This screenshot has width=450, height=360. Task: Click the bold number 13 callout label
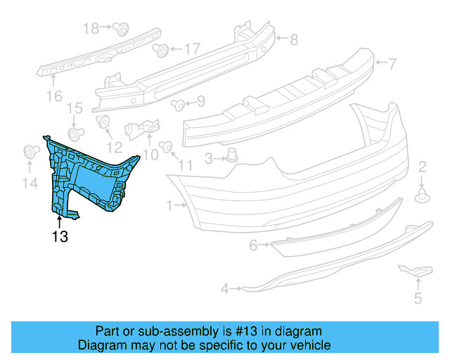[60, 237]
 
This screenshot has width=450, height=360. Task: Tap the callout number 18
[91, 28]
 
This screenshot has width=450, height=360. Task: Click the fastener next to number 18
[121, 29]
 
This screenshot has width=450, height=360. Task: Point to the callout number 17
[191, 49]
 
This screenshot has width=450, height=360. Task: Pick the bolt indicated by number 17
[161, 49]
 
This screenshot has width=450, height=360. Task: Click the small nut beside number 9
[179, 105]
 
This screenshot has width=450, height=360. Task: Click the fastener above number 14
[30, 151]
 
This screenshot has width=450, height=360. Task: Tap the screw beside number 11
[167, 146]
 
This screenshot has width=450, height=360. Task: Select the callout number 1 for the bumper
[169, 206]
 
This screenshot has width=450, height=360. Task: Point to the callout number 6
[253, 245]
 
